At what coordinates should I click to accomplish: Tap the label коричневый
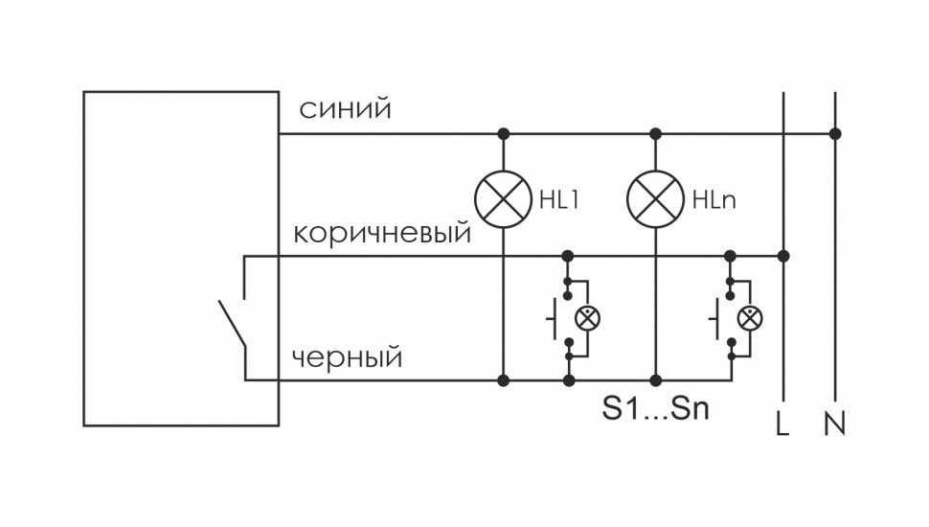382,234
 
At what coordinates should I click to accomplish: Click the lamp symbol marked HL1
503,199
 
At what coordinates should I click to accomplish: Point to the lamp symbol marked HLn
655,199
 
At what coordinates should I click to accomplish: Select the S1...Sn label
655,410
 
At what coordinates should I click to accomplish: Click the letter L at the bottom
782,423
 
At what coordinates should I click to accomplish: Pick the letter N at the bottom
834,423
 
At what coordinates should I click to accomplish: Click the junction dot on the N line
835,133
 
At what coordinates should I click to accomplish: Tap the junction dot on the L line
783,256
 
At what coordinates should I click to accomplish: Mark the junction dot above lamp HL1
503,133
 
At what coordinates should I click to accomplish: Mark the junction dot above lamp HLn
656,133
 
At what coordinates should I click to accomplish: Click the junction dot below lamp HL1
503,380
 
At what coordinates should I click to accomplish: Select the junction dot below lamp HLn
656,380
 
